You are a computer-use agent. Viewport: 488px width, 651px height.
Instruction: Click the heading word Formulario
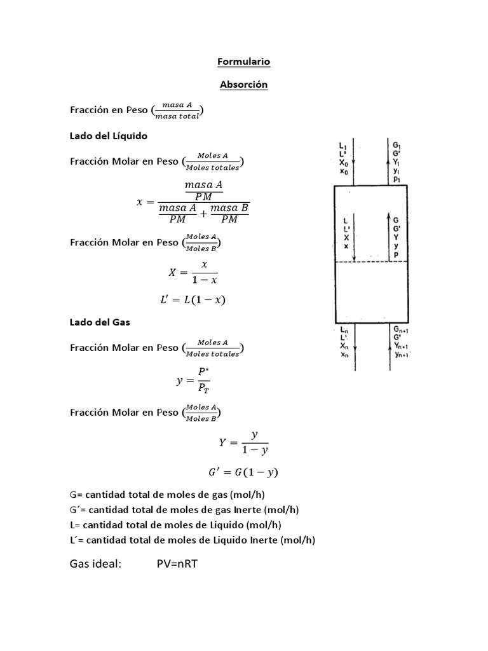243,62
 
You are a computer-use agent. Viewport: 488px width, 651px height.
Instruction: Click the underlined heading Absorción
243,85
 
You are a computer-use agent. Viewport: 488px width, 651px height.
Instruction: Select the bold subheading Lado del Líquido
108,136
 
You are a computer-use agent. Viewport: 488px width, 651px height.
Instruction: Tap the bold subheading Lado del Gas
99,322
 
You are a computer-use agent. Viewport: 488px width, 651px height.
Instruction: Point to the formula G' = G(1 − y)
243,472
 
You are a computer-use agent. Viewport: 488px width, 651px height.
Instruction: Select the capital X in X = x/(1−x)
172,272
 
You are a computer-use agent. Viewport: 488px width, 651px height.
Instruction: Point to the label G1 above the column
397,146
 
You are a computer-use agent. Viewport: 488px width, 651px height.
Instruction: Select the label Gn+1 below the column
400,329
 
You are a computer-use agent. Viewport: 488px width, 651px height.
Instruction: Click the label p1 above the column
396,179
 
